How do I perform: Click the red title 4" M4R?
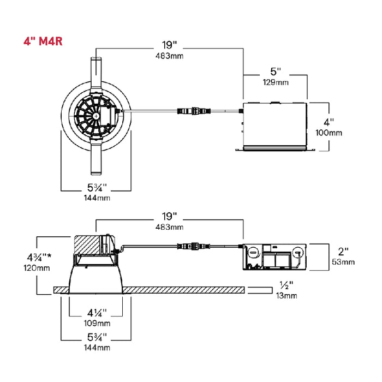pos(43,41)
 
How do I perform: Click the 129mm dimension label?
pos(276,82)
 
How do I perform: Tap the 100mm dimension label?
pos(329,133)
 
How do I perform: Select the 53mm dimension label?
pos(343,262)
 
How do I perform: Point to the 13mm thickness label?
pos(286,296)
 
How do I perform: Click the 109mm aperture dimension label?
pos(97,323)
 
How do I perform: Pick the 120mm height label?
pos(37,268)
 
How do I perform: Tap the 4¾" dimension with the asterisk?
pos(39,257)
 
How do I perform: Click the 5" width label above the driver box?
pos(276,71)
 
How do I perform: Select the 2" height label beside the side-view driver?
pos(343,252)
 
